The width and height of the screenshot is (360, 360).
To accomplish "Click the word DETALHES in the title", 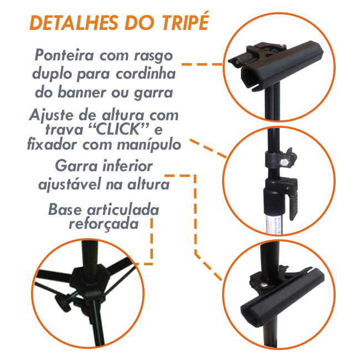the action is [74, 23].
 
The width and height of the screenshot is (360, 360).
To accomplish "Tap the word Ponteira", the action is [64, 55].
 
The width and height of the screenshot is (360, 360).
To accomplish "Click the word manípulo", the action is [149, 145].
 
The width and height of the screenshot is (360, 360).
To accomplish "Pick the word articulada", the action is [123, 209].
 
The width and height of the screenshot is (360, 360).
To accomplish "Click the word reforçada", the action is [104, 224].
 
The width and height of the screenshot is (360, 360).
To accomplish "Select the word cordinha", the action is [146, 74].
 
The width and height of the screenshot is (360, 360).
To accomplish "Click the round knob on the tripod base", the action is [61, 302].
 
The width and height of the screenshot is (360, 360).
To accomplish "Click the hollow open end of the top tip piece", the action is [250, 78].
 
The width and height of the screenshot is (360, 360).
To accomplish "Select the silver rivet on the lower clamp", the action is [264, 285].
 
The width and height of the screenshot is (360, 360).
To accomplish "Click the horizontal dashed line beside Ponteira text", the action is [202, 64].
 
